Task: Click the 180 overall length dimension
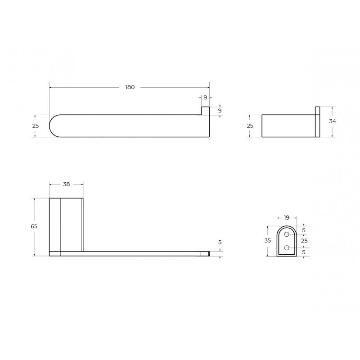pos(130,87)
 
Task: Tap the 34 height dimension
pos(333,121)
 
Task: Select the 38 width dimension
pos(66,184)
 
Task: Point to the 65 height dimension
pos(34,226)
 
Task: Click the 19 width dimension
pos(287,218)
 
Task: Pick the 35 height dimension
pos(267,241)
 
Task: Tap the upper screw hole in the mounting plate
pos(287,234)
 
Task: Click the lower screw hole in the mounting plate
pos(287,248)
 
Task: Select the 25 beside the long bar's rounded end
pos(36,126)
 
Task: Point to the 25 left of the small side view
pos(250,126)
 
